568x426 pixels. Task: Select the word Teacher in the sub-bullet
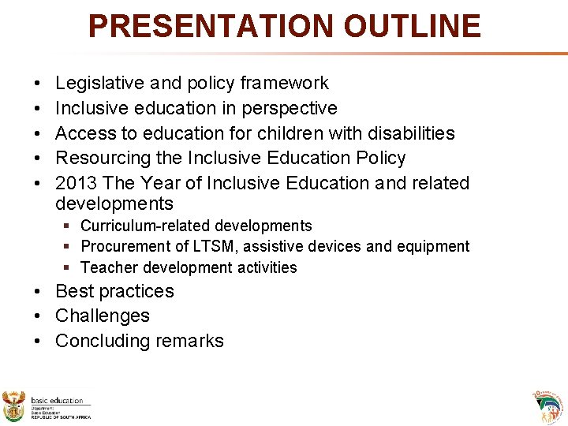click(106, 267)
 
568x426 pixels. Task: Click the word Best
click(73, 291)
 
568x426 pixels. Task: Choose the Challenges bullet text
click(102, 316)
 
